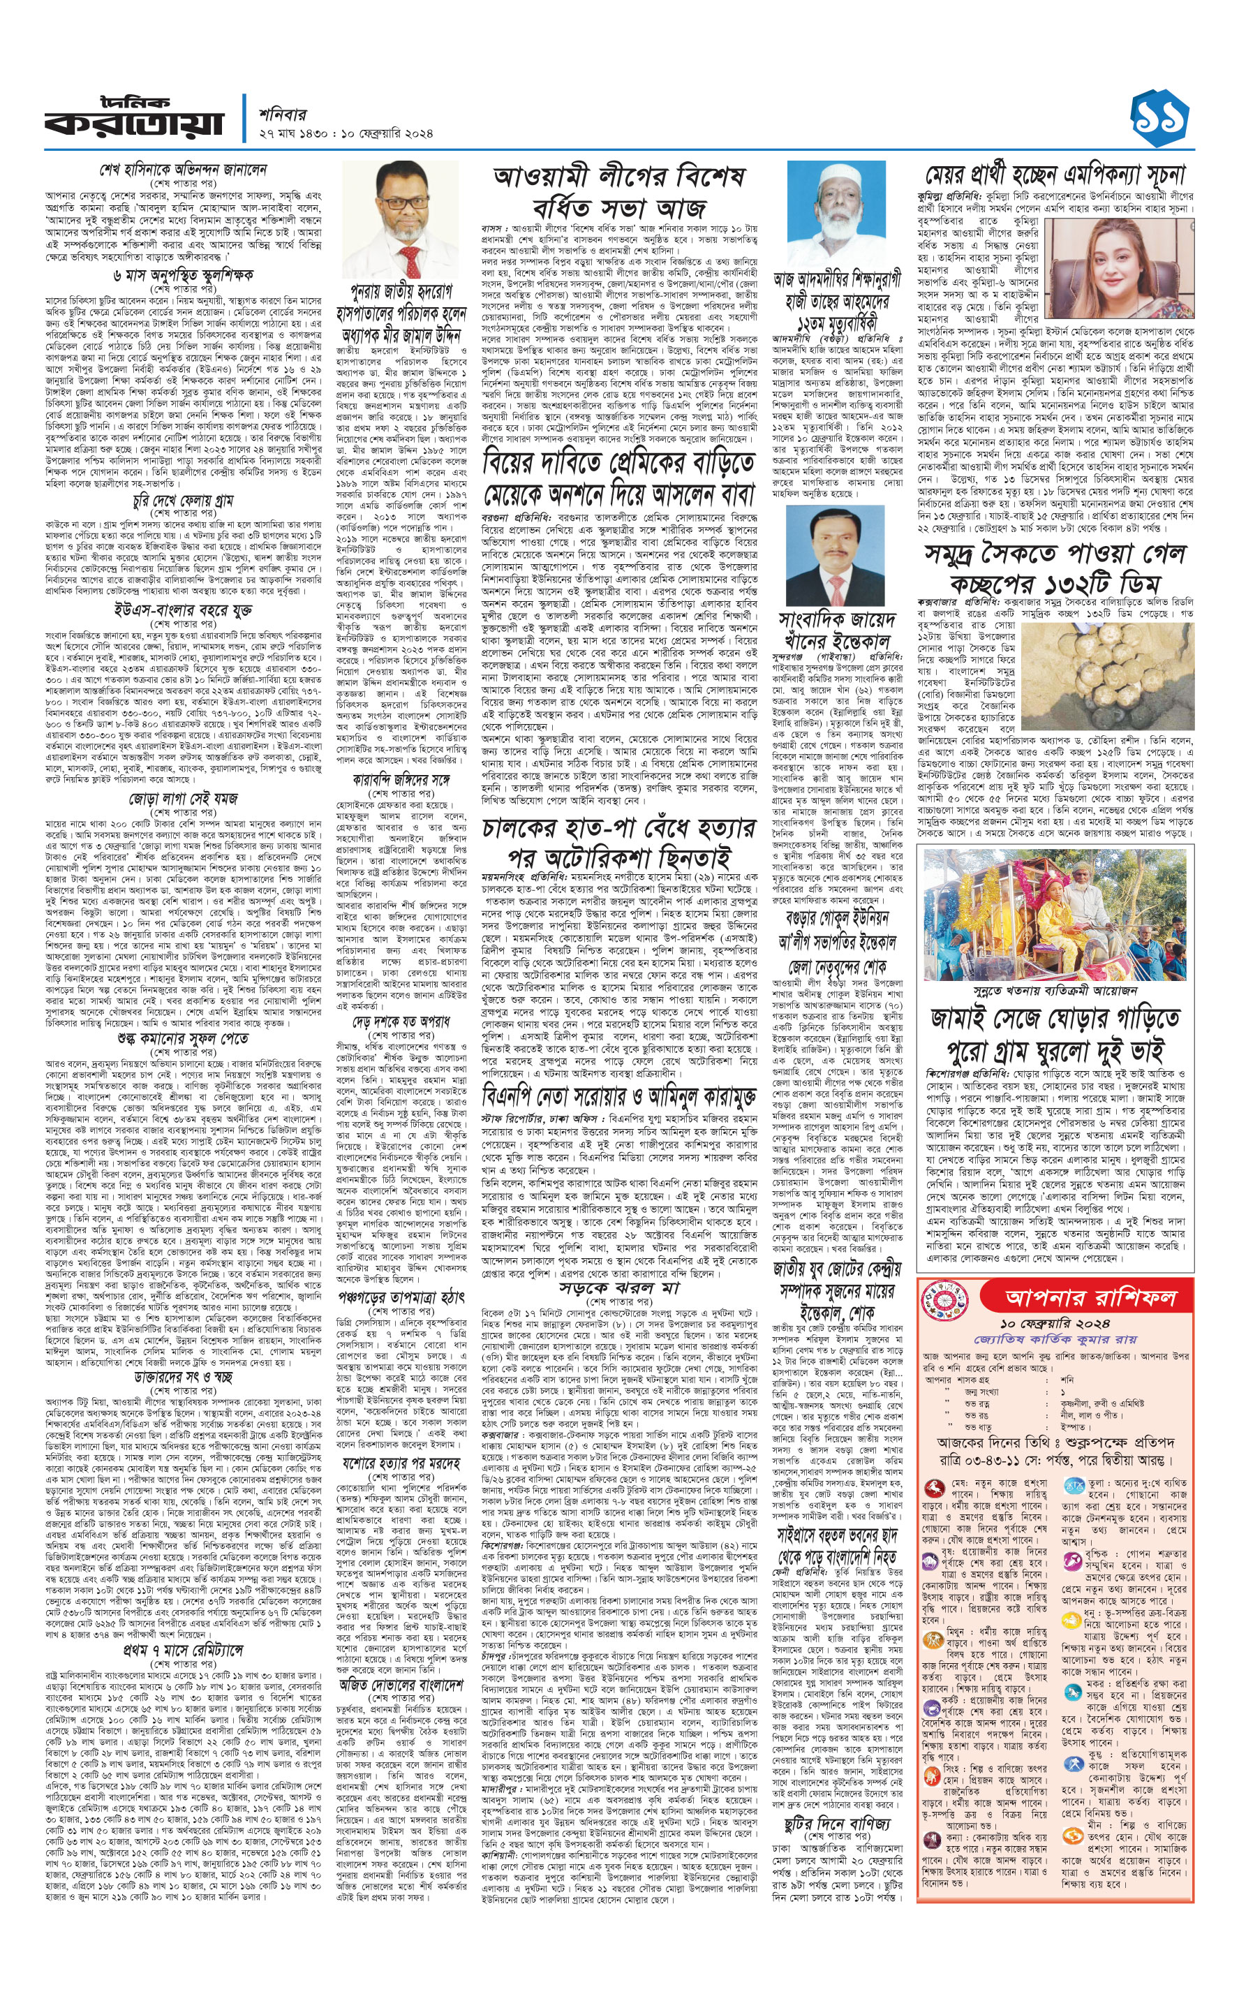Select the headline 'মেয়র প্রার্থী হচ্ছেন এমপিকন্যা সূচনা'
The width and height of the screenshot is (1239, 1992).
tap(1055, 175)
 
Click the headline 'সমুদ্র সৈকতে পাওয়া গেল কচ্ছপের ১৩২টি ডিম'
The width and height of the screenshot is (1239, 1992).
tap(1055, 567)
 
